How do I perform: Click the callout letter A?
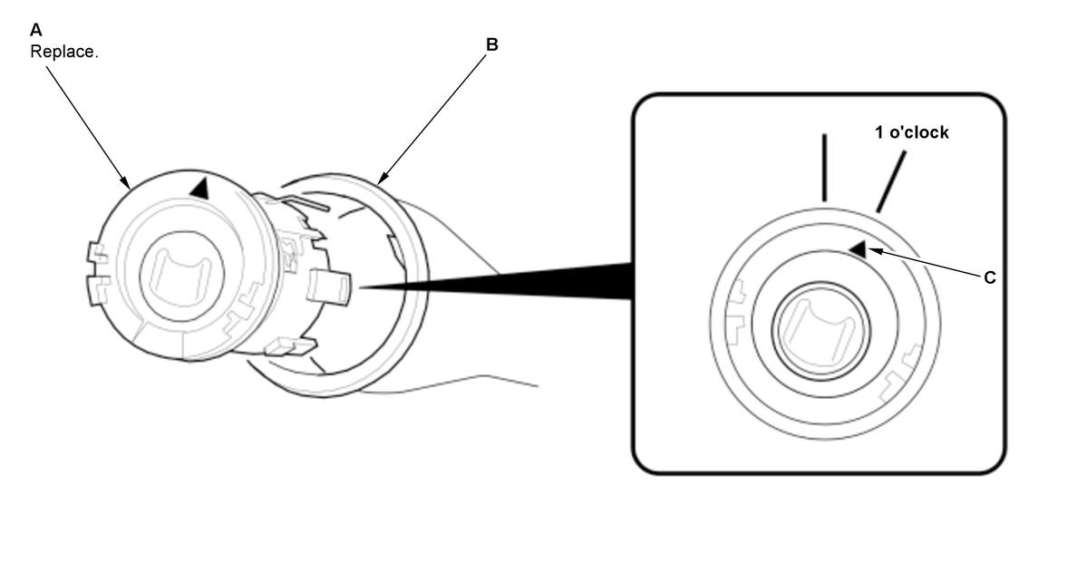[36, 30]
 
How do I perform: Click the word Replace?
[63, 52]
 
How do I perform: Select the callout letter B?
[491, 44]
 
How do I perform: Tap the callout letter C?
[989, 277]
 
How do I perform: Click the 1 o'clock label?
[912, 132]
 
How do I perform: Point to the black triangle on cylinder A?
[199, 189]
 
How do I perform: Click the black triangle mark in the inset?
[859, 249]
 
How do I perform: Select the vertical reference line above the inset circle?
[824, 168]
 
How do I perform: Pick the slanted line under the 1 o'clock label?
[891, 181]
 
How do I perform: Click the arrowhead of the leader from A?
[126, 183]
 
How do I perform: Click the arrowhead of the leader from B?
[383, 180]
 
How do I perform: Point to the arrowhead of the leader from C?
[874, 251]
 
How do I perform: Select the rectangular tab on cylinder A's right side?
[328, 286]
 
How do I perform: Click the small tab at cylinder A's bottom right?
[290, 345]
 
